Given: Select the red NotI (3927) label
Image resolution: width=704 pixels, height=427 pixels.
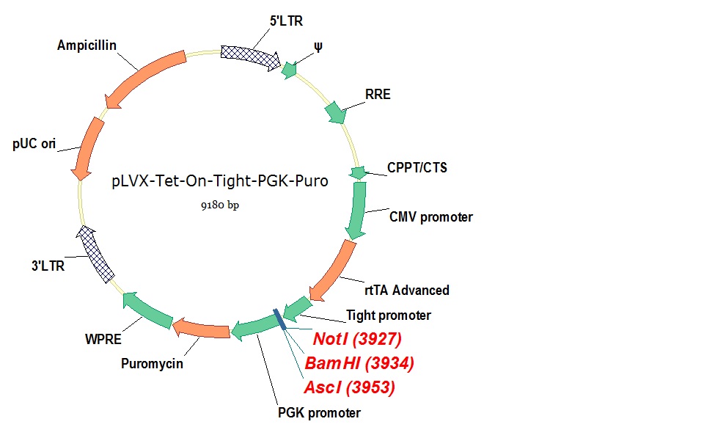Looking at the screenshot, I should (x=358, y=339).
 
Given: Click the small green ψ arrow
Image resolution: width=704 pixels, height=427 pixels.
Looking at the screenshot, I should (x=290, y=70).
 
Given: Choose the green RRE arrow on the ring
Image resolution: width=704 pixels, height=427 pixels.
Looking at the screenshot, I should (x=335, y=112).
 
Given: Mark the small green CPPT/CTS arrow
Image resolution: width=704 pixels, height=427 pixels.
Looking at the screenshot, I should (x=358, y=173).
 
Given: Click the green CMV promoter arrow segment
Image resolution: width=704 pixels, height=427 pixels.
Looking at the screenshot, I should (x=357, y=210).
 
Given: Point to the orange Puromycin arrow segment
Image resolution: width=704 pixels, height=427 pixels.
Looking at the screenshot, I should (x=201, y=329).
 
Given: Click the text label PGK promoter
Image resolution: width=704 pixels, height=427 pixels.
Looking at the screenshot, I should (x=319, y=413).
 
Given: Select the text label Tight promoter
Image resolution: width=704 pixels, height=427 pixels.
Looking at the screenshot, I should (x=388, y=315).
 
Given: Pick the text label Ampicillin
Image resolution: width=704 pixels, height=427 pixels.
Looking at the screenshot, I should (x=87, y=45).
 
